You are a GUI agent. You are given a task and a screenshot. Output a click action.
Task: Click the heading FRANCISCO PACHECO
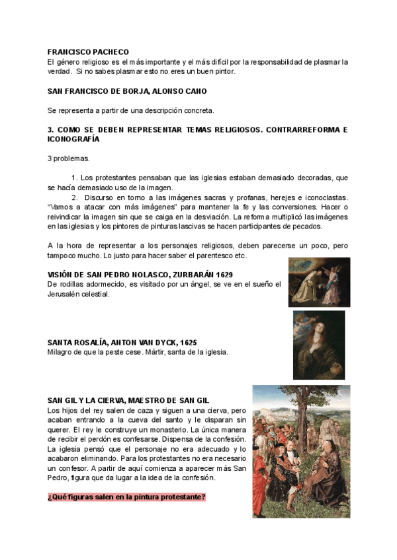point(88,52)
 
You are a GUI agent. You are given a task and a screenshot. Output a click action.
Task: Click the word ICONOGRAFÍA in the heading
point(73,139)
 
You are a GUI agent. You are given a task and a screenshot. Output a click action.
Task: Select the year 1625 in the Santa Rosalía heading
point(185,342)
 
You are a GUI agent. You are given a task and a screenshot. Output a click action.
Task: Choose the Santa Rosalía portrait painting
point(319,345)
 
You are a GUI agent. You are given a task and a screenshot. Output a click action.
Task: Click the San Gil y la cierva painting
point(310,451)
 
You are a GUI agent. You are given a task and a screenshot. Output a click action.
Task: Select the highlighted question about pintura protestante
point(126,497)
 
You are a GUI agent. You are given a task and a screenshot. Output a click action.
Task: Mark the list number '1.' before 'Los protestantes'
point(74,178)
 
